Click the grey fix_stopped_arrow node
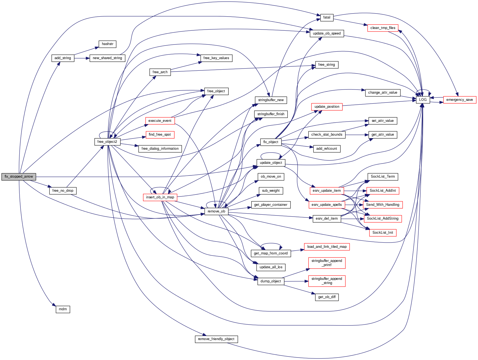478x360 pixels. click(x=19, y=177)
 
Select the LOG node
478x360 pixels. click(x=423, y=100)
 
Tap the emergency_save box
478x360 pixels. click(x=459, y=100)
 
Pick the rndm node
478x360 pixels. click(x=63, y=309)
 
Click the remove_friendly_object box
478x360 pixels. click(x=216, y=339)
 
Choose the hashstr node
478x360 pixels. click(x=107, y=44)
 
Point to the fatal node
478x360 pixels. click(x=327, y=17)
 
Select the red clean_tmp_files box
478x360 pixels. click(x=383, y=28)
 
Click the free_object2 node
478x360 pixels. click(x=107, y=142)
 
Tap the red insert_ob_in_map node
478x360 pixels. click(x=160, y=197)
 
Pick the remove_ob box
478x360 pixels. click(x=216, y=211)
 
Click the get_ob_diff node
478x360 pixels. click(x=327, y=297)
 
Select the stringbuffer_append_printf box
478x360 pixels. click(x=327, y=263)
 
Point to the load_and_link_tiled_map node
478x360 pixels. click(x=327, y=247)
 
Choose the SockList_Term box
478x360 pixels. click(x=383, y=177)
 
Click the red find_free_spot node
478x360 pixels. click(x=160, y=135)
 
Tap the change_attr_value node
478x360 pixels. click(x=382, y=93)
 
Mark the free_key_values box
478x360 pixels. click(x=216, y=58)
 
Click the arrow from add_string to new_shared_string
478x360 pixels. click(x=82, y=58)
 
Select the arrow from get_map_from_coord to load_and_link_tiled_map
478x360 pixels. click(x=297, y=250)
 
